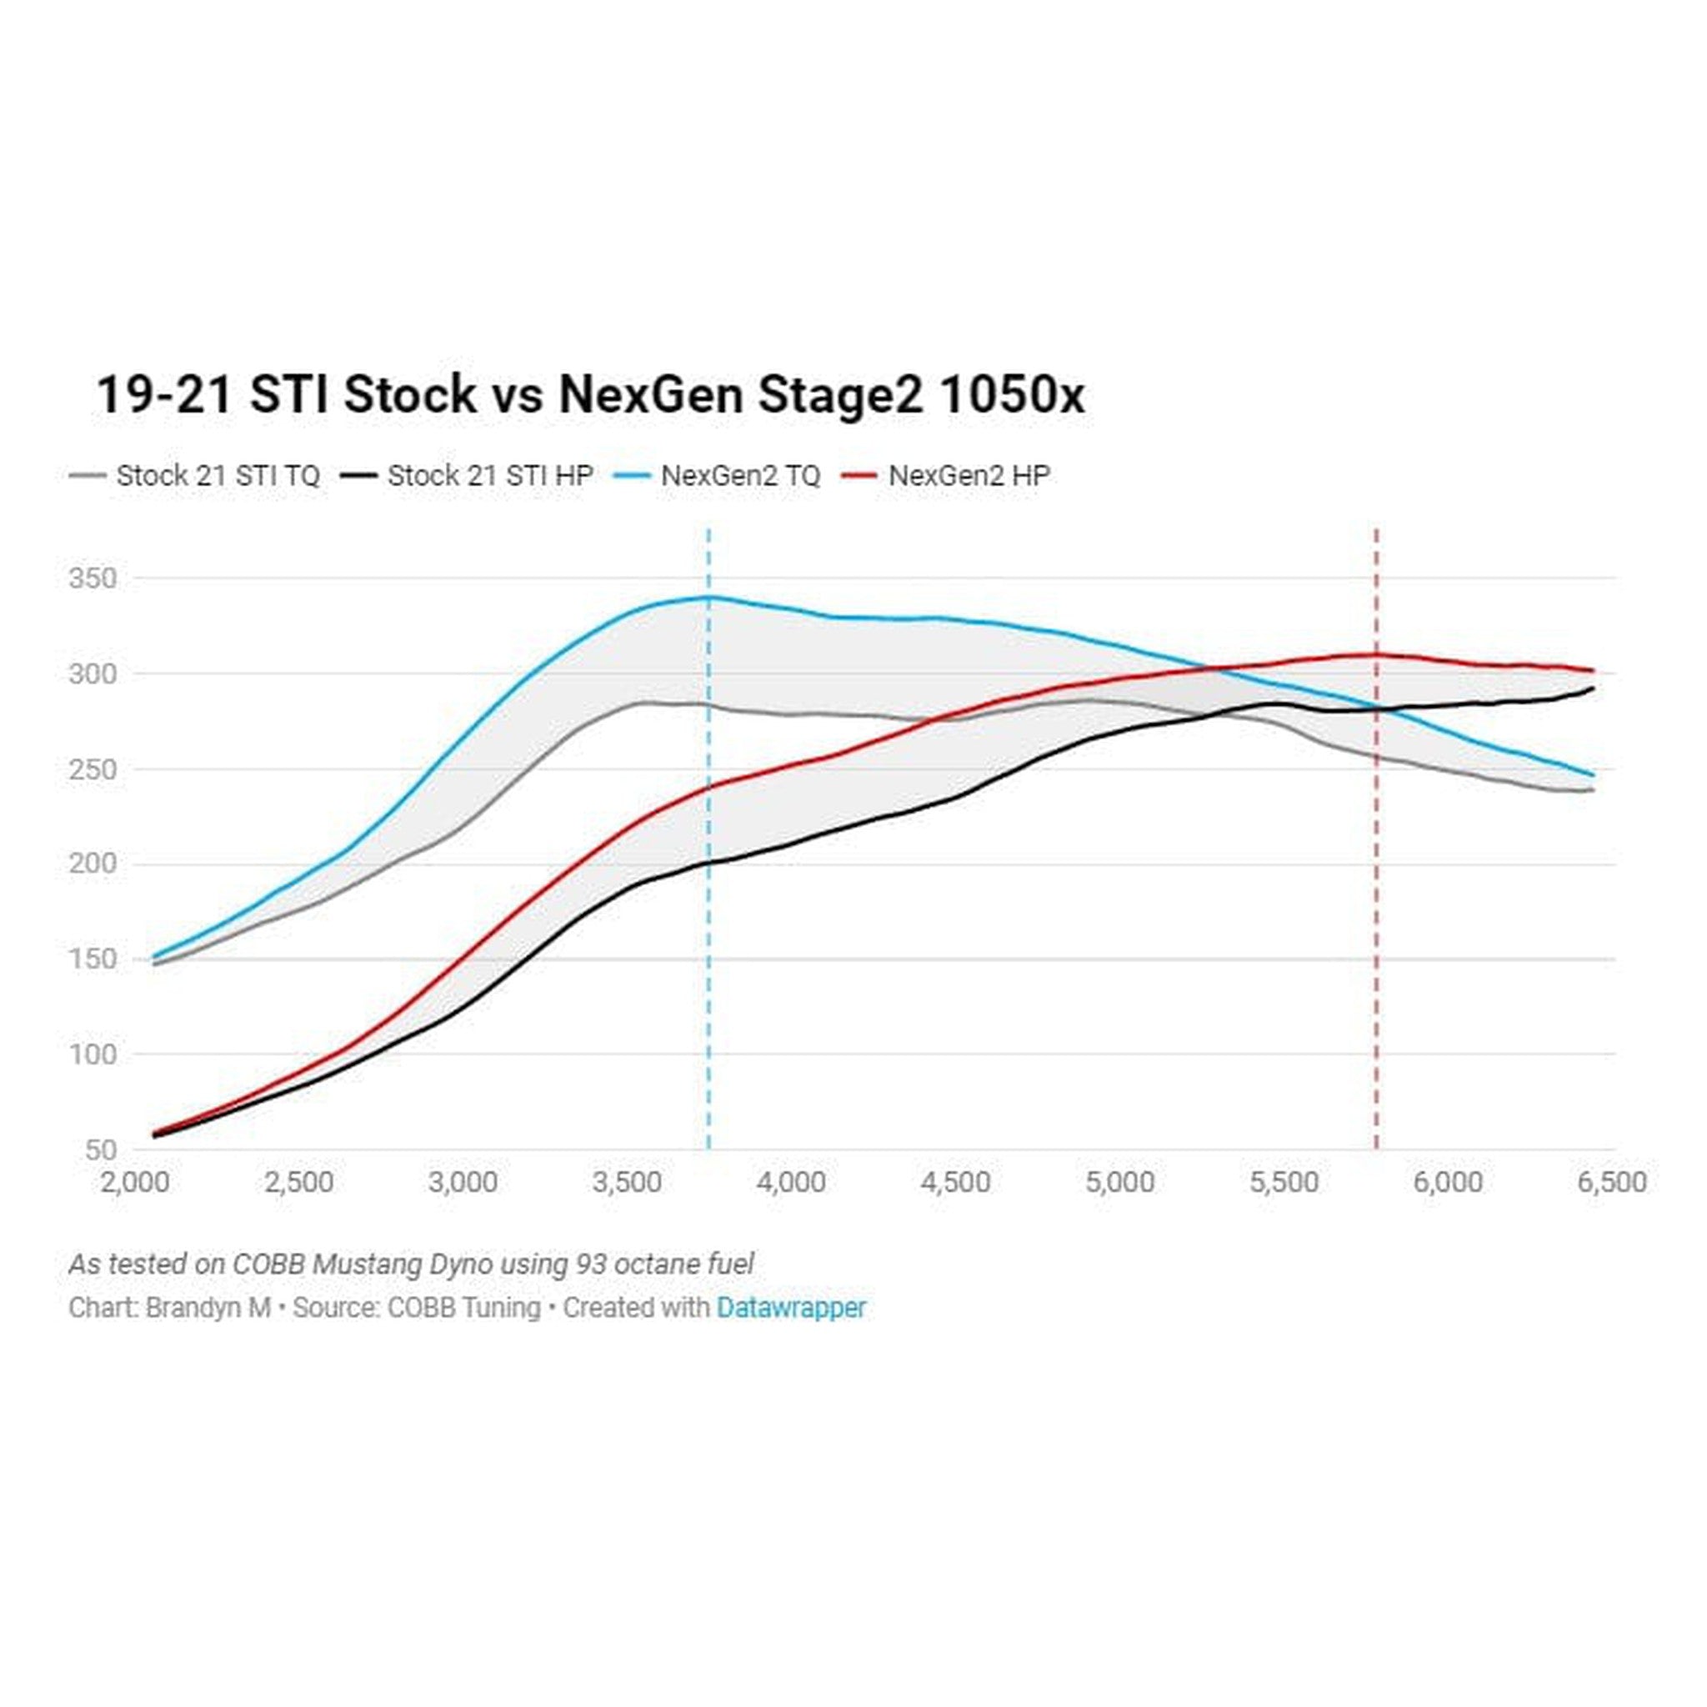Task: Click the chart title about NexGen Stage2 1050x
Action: click(589, 395)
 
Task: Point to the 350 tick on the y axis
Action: click(93, 578)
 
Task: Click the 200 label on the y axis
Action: click(93, 864)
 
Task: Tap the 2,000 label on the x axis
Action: click(134, 1182)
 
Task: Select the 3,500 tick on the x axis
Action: click(627, 1182)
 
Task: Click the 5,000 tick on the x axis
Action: click(1119, 1182)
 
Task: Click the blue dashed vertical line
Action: click(708, 972)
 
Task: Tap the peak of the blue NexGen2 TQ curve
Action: click(708, 598)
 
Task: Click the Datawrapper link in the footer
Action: click(791, 1308)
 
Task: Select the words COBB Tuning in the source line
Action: click(464, 1308)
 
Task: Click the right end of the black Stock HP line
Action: click(1593, 688)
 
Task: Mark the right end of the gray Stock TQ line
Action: click(1593, 790)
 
